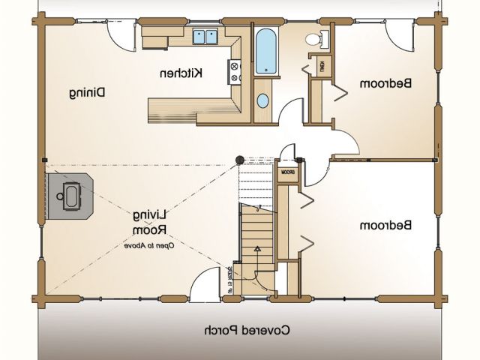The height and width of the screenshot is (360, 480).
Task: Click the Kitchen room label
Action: click(x=182, y=73)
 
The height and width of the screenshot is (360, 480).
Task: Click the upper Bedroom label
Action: click(x=386, y=84)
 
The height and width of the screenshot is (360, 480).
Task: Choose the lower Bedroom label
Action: click(x=387, y=225)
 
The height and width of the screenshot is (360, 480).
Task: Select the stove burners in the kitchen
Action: click(x=234, y=72)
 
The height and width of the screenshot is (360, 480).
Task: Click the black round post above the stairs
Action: click(x=240, y=160)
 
